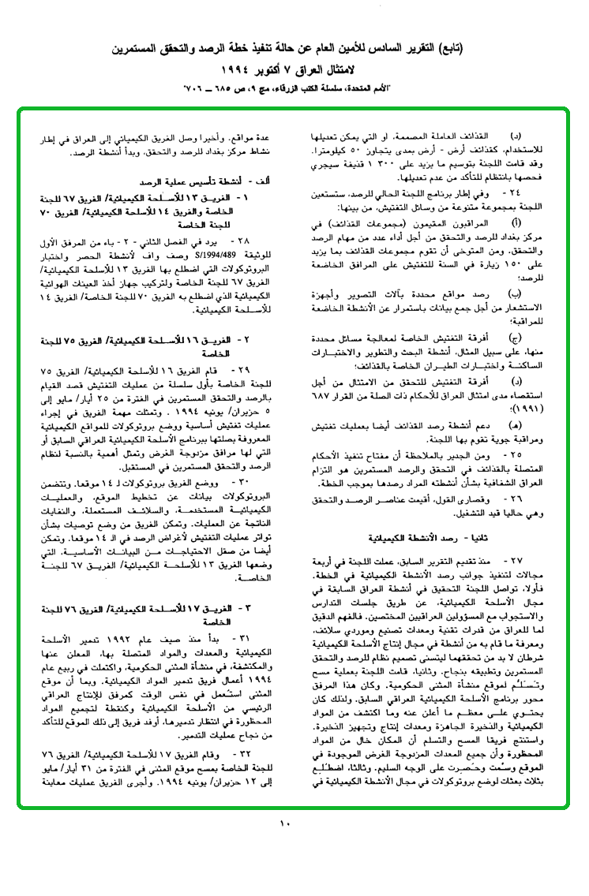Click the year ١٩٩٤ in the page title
click(x=238, y=68)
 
